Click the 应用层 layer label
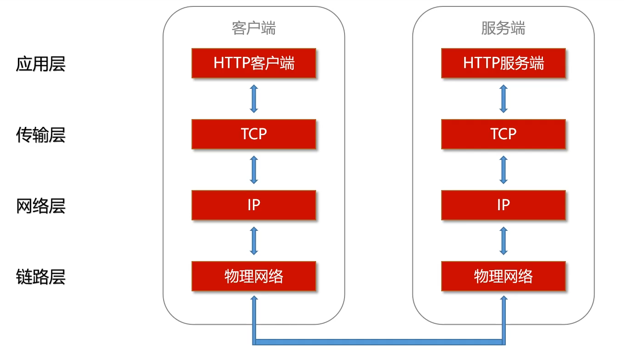(41, 64)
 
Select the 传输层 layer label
(41, 135)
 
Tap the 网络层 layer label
(41, 206)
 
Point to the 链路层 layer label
(41, 277)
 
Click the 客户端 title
(254, 28)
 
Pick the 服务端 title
(503, 28)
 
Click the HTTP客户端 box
(254, 63)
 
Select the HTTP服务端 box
(503, 63)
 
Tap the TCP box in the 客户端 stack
(254, 134)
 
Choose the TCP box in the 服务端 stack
(503, 134)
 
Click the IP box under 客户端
(254, 205)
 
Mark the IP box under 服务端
(503, 205)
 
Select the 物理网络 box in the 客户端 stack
(254, 276)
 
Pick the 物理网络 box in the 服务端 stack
(503, 276)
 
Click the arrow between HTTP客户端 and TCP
(254, 98)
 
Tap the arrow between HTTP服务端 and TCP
(503, 98)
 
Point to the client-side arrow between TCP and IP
(254, 169)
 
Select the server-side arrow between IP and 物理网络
(503, 240)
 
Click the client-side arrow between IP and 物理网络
(254, 240)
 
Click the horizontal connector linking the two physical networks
(378, 342)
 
